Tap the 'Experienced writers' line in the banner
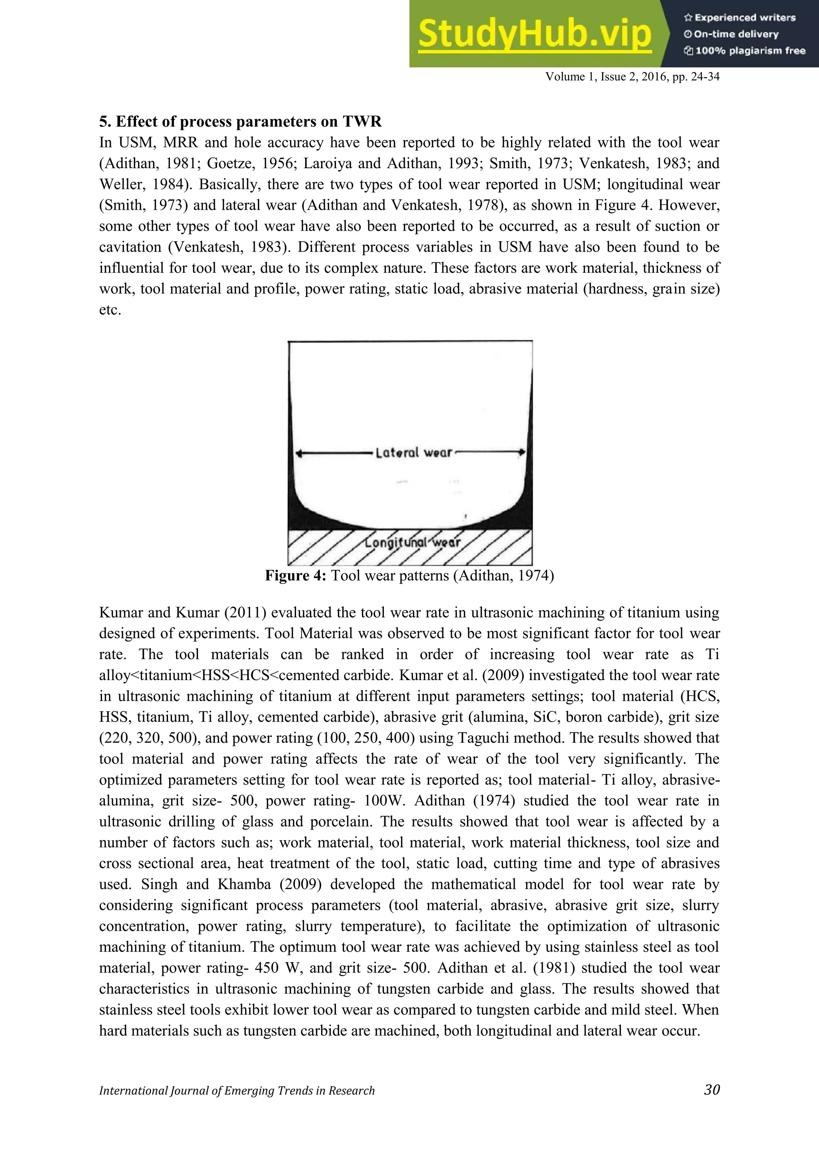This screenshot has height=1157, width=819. [x=739, y=18]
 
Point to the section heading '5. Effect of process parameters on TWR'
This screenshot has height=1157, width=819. [x=240, y=121]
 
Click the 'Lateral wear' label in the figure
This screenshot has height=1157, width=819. [x=413, y=453]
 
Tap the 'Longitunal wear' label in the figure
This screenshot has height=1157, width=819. [x=413, y=542]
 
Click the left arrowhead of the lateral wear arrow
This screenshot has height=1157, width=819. [x=299, y=453]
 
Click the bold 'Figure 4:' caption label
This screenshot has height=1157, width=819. [x=296, y=575]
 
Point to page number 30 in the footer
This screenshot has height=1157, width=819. [x=711, y=1089]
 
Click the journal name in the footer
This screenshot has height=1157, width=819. [x=237, y=1091]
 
